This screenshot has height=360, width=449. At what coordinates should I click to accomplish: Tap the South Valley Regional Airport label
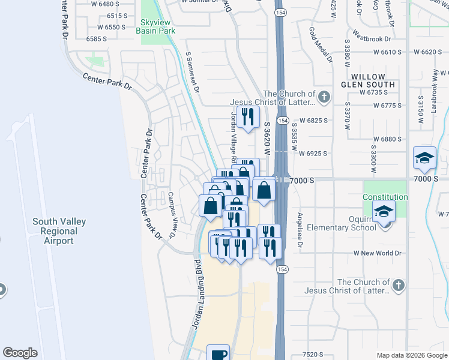coord(59,231)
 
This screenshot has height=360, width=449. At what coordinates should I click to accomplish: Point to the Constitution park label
coord(385,197)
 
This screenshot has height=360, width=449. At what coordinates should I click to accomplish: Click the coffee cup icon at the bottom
coord(218,353)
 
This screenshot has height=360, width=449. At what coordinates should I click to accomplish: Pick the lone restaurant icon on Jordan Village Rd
coord(247,116)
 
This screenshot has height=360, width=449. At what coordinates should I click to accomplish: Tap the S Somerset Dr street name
coord(191,72)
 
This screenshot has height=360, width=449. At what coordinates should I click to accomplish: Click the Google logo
coord(20,353)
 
